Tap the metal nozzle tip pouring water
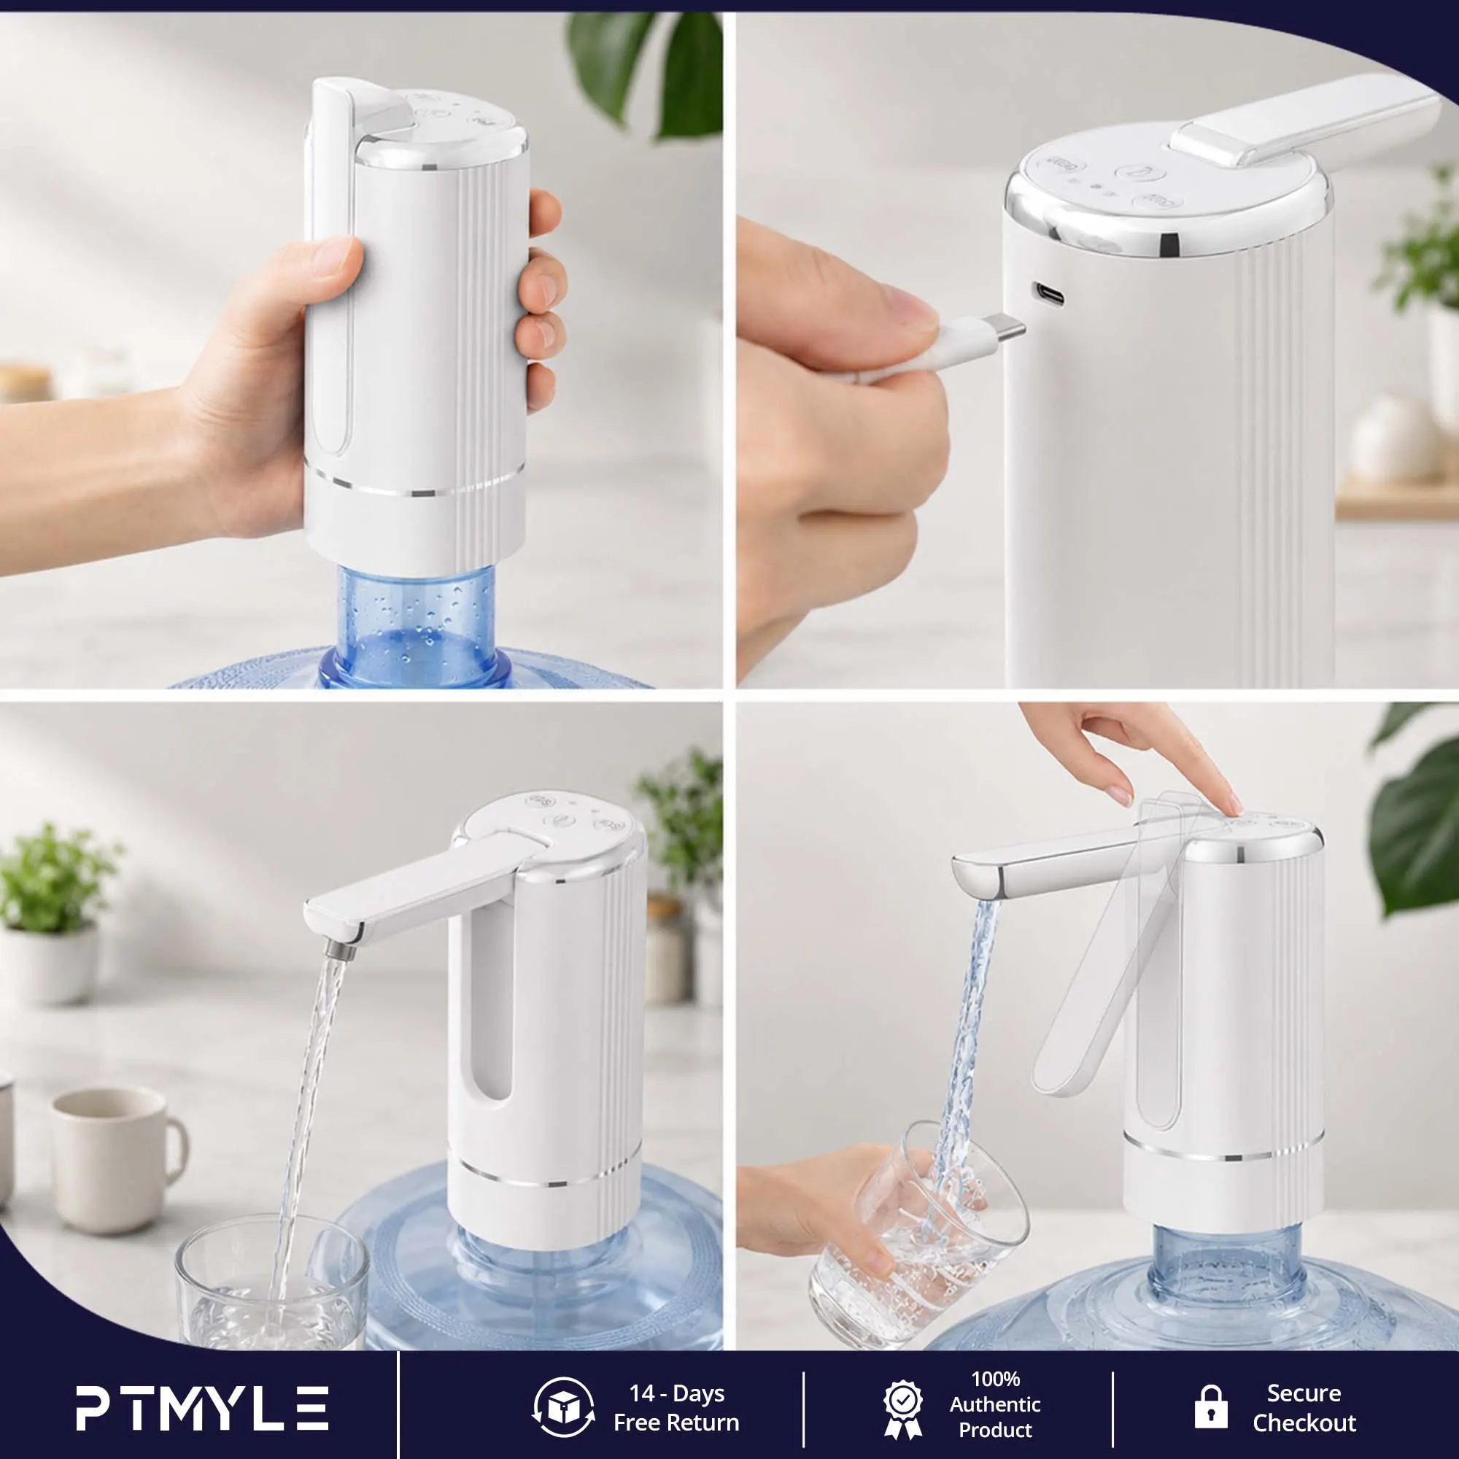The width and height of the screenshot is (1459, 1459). tap(343, 949)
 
